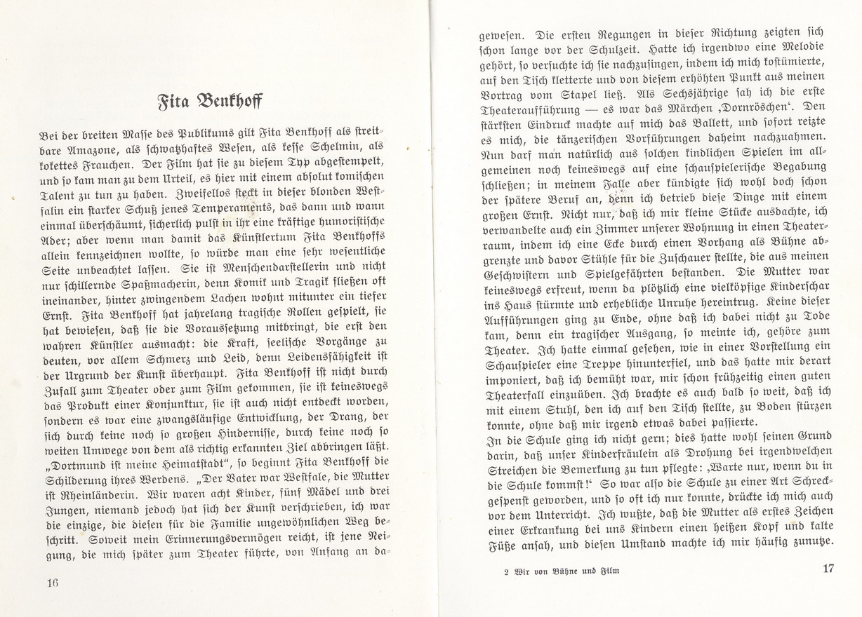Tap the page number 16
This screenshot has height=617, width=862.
[x=50, y=583]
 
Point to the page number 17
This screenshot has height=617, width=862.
[x=828, y=569]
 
